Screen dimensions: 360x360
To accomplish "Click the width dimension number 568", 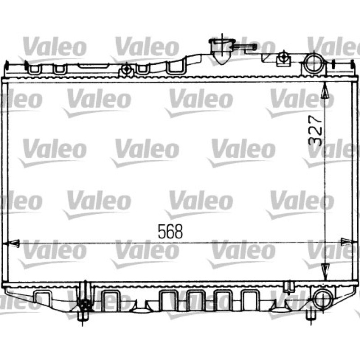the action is coord(171,231).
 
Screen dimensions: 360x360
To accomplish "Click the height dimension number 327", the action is coord(315,130).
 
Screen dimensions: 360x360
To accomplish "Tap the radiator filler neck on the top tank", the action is coord(222,51).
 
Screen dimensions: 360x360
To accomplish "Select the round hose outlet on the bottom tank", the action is coord(323,299).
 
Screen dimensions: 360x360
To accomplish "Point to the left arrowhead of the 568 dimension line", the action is coord(13,243).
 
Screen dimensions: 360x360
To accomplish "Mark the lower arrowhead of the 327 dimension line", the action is coord(325,272).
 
